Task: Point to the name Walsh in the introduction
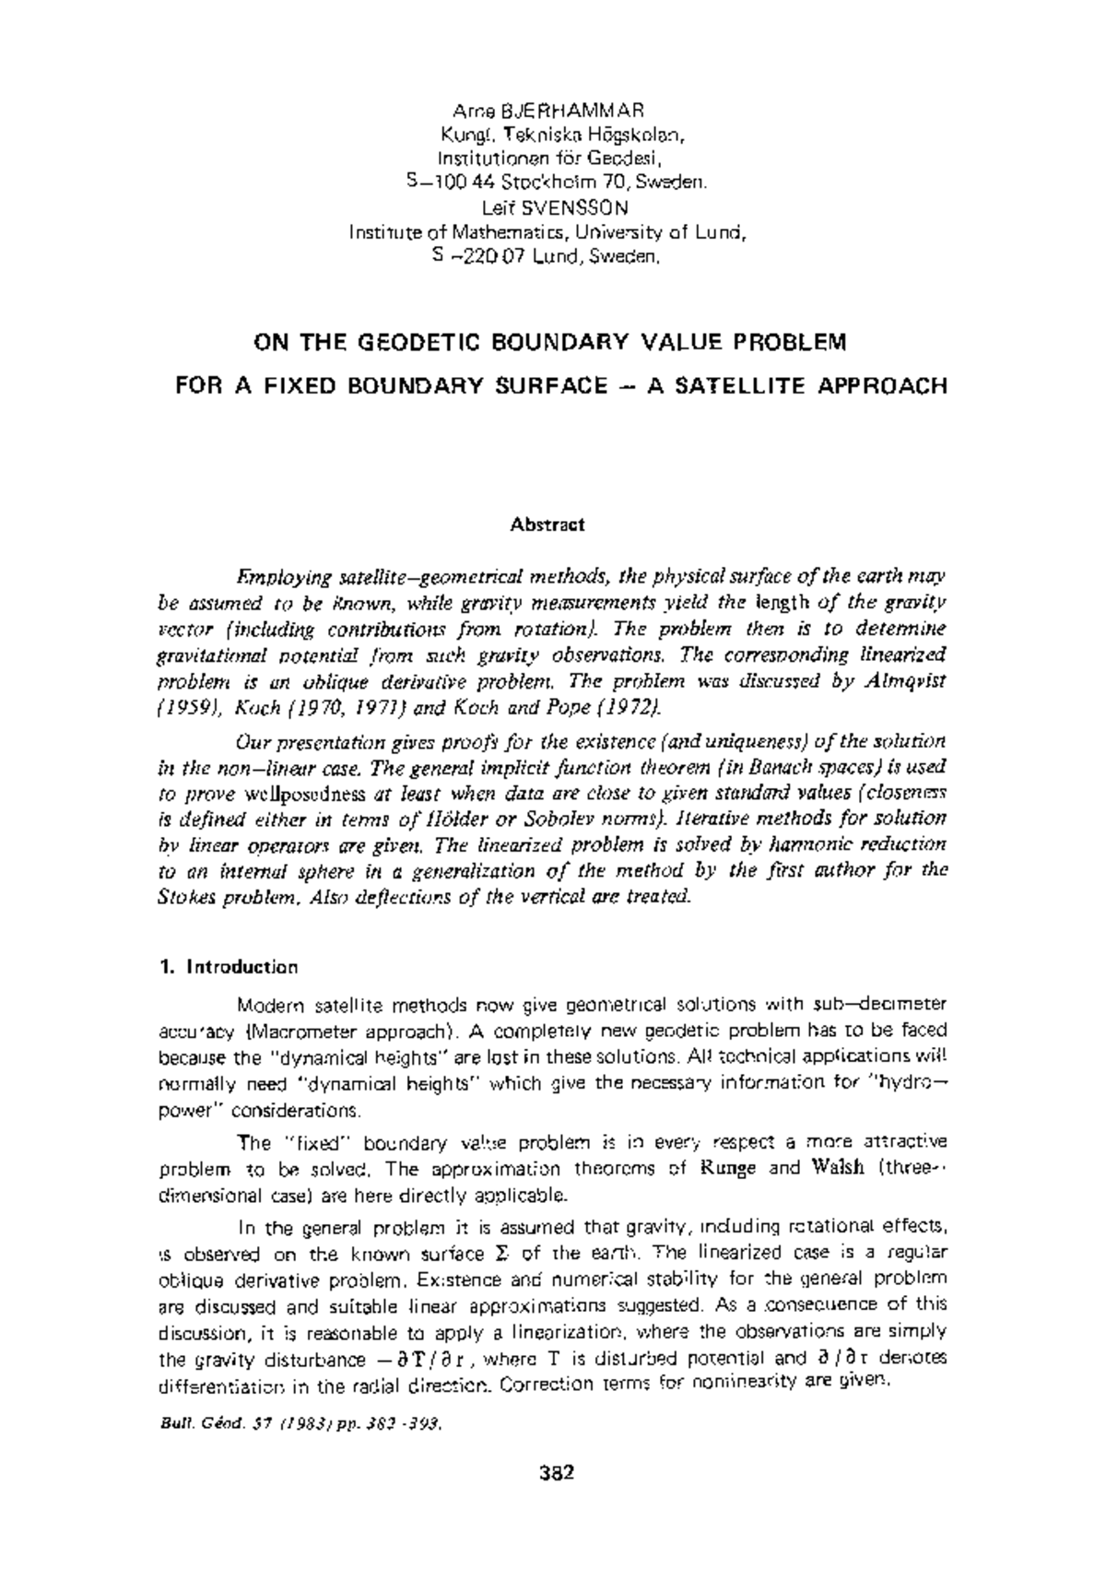pos(839,1169)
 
